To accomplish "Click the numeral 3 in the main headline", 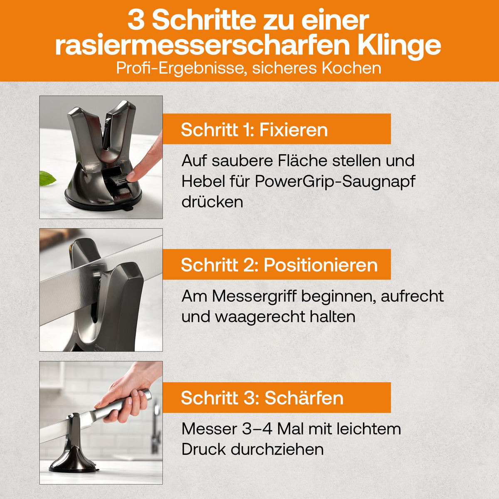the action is tap(136, 21).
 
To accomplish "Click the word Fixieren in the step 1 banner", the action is tap(294, 130).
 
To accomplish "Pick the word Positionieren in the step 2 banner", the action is tap(321, 265).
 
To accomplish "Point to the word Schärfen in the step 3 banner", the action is tap(304, 398).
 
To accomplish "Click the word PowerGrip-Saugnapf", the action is tap(335, 182).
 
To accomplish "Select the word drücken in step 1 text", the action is tap(212, 202).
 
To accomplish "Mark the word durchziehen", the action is tap(277, 450).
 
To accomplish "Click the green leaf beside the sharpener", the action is tap(47, 178).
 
